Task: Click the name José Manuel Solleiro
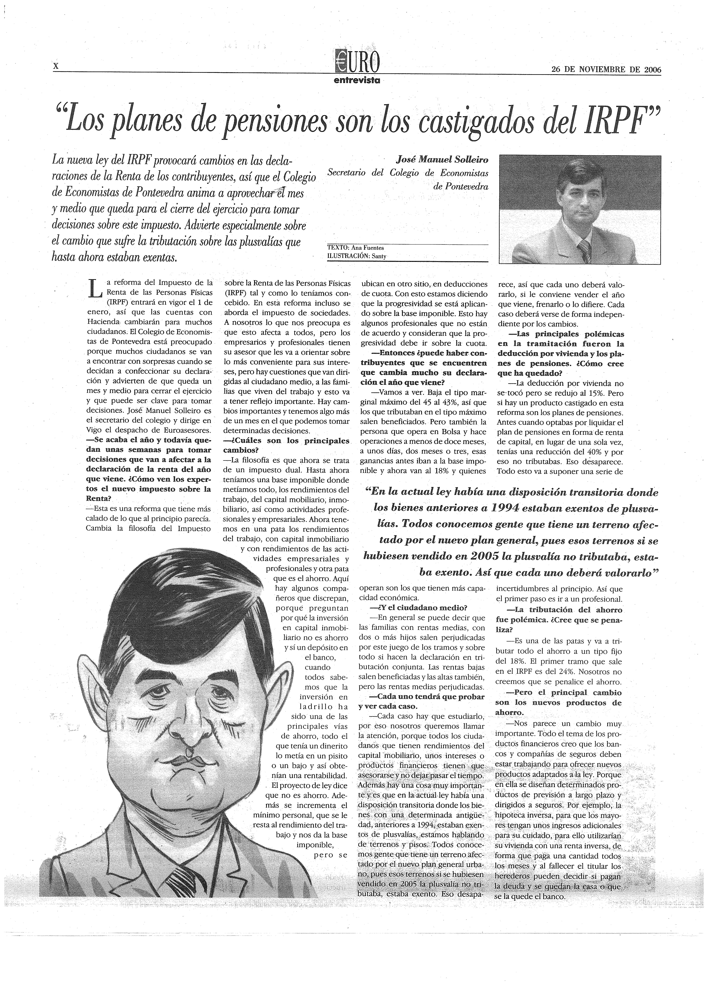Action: pyautogui.click(x=442, y=160)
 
